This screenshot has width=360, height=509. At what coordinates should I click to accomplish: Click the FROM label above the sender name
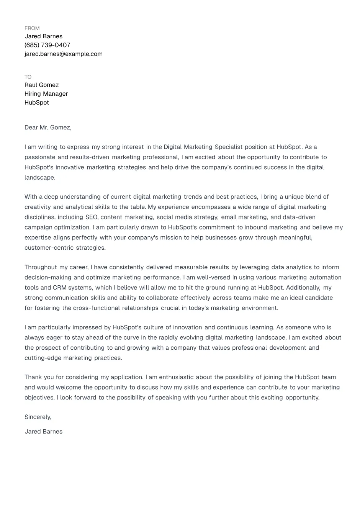point(32,28)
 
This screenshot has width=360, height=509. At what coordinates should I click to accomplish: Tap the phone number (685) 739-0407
point(47,45)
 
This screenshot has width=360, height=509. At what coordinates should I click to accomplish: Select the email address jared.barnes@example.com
point(63,54)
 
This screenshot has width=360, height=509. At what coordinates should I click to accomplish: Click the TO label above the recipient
point(28,77)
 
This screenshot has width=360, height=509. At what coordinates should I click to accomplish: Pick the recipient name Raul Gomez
point(41,85)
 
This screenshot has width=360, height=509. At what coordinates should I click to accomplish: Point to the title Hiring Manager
point(46,94)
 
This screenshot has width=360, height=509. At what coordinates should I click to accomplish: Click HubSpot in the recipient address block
point(37,103)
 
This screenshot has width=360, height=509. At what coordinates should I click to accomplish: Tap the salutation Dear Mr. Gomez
point(48,128)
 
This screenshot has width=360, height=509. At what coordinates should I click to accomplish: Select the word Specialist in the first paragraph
point(228,147)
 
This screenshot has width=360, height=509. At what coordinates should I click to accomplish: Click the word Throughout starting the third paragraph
point(40,267)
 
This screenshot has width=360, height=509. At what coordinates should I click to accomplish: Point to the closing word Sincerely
point(38,417)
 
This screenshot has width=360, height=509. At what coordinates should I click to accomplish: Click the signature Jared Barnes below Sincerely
point(43,432)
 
